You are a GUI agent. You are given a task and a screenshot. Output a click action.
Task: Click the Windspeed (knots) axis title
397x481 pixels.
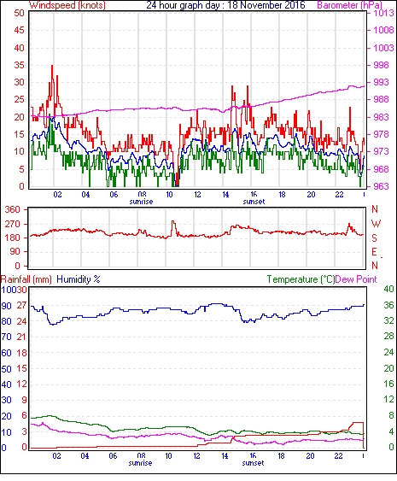(67, 5)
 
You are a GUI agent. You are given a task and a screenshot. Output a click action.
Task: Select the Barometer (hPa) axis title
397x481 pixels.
(350, 5)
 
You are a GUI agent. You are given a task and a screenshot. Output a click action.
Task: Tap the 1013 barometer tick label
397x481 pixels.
(383, 13)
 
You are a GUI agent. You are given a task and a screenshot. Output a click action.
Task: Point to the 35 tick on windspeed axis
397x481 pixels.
(19, 65)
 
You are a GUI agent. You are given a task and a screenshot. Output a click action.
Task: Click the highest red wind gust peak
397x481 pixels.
(52, 66)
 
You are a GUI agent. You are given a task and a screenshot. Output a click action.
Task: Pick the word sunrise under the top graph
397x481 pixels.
(141, 202)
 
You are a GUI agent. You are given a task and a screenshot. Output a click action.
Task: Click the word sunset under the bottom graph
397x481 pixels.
(253, 462)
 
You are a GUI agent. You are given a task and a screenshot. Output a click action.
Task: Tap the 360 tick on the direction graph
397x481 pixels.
(12, 209)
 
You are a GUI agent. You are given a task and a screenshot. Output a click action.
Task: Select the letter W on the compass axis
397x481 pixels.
(376, 224)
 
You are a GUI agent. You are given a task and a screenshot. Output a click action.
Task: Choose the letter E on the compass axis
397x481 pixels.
(374, 252)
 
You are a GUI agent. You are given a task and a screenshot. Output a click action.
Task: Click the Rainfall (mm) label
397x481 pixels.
(26, 279)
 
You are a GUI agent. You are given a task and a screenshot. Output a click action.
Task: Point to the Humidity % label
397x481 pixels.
(79, 279)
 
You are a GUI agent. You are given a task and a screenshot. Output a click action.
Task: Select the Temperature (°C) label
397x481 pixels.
(301, 279)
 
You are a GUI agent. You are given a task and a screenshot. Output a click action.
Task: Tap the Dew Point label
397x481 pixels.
(356, 279)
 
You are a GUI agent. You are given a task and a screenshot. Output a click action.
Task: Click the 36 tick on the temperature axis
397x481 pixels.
(388, 305)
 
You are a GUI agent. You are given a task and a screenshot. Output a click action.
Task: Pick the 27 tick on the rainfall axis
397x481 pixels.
(21, 306)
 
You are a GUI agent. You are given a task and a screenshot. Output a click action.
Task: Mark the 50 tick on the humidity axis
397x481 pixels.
(7, 369)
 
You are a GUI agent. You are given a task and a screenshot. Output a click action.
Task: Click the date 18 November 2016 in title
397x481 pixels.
(266, 5)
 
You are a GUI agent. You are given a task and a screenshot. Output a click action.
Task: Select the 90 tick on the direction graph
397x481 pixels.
(15, 251)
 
